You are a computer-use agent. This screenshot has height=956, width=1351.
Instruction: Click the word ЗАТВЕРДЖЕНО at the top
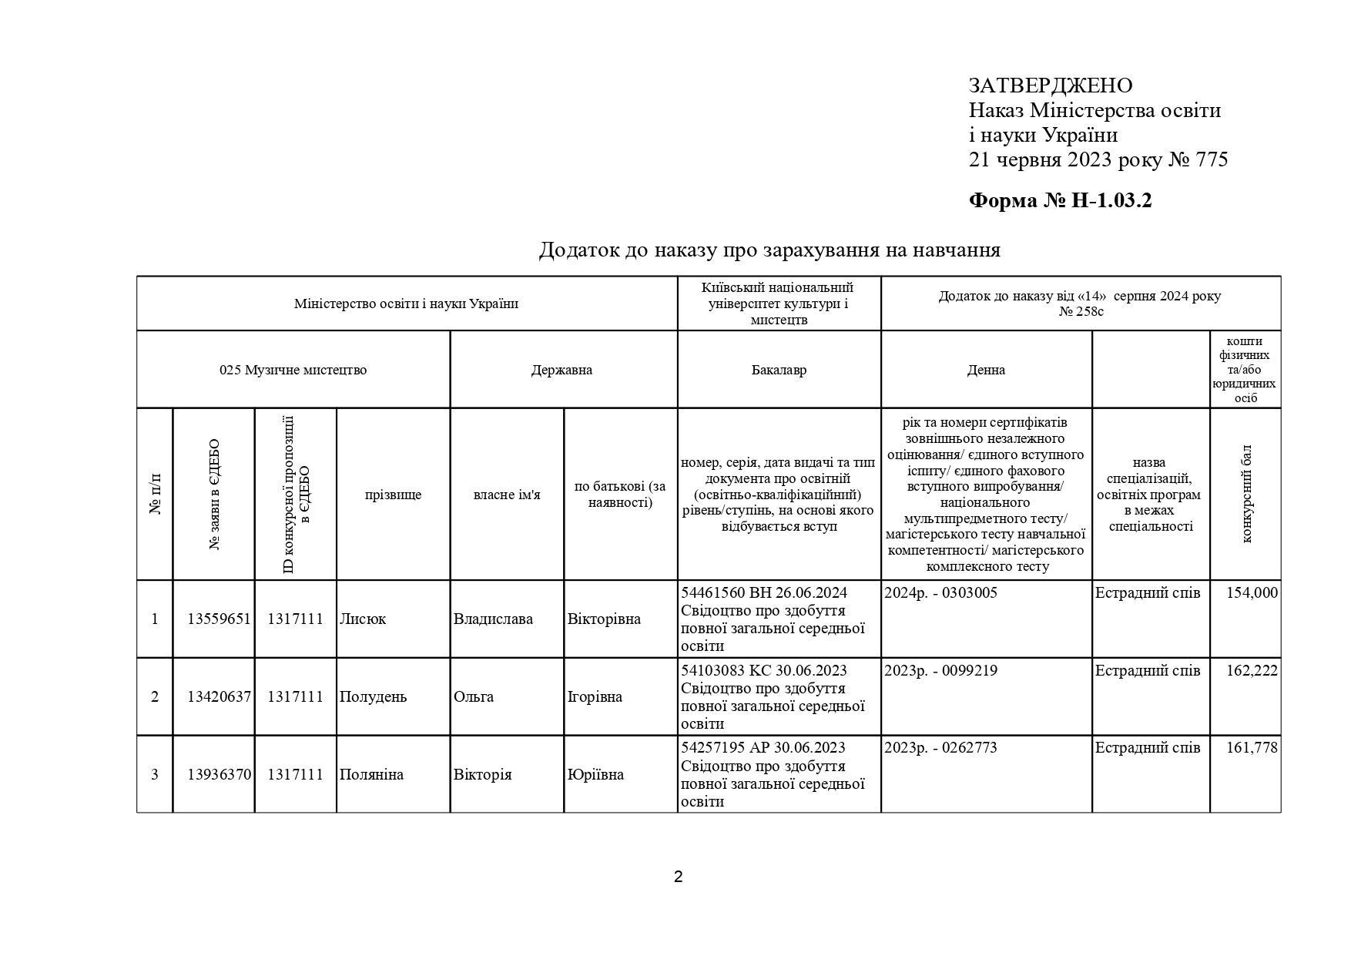[x=1050, y=86]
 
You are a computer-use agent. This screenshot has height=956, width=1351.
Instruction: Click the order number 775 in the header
[x=1212, y=160]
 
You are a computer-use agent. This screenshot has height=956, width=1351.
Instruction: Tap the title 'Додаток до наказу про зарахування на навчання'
[x=769, y=250]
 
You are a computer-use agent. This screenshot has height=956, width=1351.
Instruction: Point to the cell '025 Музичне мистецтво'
[x=293, y=370]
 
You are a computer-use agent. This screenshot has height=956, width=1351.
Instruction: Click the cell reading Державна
[x=562, y=370]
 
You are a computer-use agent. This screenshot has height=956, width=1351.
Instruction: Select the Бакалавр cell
[x=779, y=370]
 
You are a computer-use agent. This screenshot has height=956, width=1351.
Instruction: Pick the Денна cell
[x=986, y=370]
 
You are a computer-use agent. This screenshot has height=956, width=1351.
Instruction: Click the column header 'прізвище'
[x=393, y=495]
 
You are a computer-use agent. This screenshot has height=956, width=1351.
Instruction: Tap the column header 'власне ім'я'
[x=507, y=495]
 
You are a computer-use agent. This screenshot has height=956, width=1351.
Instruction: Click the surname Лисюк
[x=363, y=619]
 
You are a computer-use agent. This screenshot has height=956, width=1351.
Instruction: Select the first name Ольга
[x=474, y=697]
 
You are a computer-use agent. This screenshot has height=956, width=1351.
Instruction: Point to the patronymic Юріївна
[x=595, y=775]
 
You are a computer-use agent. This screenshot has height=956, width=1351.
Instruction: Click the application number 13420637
[x=219, y=697]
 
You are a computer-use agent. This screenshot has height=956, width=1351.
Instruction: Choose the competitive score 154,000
[x=1252, y=593]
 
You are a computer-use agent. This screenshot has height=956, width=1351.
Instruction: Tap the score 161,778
[x=1252, y=748]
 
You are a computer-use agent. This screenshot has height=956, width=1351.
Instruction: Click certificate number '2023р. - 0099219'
[x=940, y=671]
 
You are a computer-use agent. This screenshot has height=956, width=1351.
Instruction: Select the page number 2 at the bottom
[x=678, y=877]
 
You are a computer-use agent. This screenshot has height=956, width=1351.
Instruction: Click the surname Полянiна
[x=371, y=775]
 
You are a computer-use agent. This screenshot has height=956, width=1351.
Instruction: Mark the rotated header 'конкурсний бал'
[x=1246, y=494]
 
